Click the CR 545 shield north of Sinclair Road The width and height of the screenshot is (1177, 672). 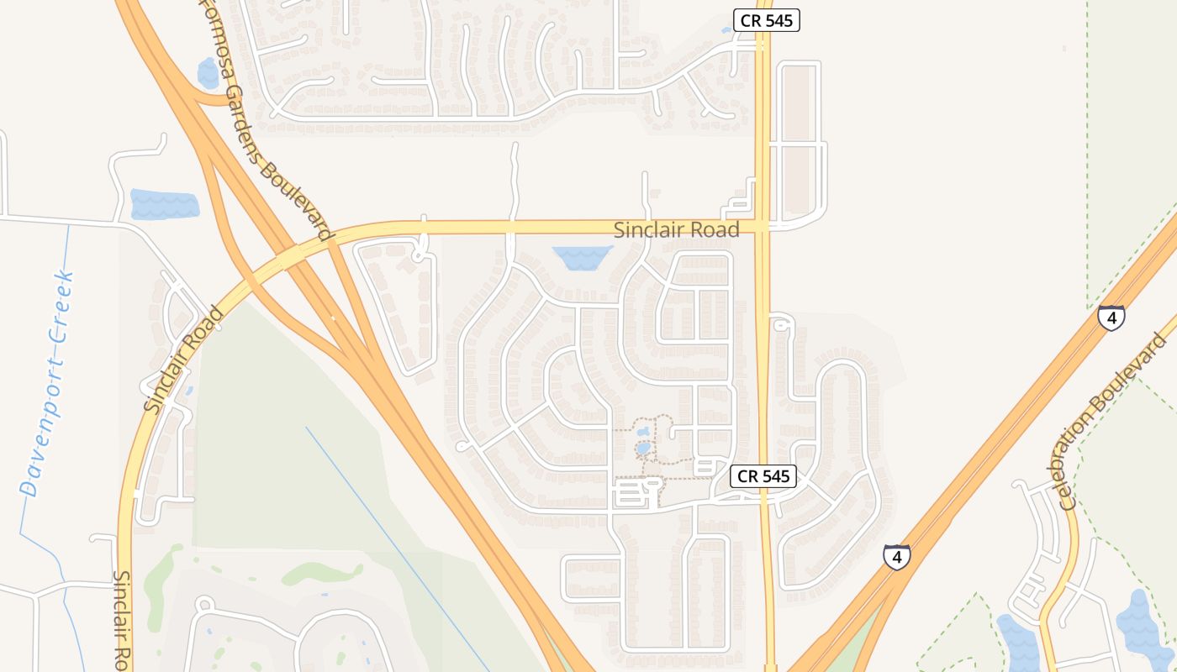tap(766, 21)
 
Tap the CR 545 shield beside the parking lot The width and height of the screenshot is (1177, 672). tap(763, 476)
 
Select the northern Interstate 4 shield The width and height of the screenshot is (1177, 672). tap(1111, 318)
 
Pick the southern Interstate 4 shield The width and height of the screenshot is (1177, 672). tap(896, 556)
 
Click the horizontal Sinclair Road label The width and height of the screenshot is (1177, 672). tap(676, 229)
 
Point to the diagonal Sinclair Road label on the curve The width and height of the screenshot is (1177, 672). tap(184, 359)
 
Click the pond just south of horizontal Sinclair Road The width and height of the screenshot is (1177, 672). tap(581, 257)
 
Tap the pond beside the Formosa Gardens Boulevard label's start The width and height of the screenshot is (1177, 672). tap(208, 73)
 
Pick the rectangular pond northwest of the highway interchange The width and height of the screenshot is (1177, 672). tap(165, 205)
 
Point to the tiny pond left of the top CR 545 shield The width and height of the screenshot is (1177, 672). tap(726, 30)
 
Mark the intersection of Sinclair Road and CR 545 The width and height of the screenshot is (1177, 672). tap(762, 226)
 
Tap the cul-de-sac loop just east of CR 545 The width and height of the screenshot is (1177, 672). tap(780, 323)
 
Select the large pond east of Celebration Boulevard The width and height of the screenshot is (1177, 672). tap(1143, 626)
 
